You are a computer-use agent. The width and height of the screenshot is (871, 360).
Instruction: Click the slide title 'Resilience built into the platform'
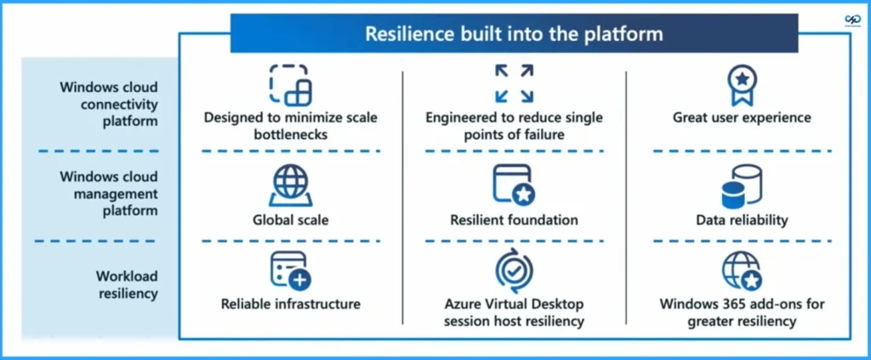[x=514, y=34]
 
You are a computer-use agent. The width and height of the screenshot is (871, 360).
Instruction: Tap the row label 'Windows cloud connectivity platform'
[x=108, y=104]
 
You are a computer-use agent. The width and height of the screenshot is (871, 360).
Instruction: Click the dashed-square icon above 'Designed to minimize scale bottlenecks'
[x=290, y=84]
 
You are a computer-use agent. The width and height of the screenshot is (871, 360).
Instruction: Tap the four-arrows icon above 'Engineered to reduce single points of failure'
[x=514, y=83]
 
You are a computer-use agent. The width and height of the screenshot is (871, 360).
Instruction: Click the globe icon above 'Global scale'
[x=290, y=185]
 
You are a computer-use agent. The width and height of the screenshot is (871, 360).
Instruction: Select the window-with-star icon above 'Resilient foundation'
[x=514, y=185]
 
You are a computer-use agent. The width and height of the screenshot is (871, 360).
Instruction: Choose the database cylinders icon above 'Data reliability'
[x=741, y=186]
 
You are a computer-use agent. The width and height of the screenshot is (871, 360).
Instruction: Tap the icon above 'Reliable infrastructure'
[x=290, y=271]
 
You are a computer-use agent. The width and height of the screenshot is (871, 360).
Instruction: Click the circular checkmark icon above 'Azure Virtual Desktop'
[x=514, y=271]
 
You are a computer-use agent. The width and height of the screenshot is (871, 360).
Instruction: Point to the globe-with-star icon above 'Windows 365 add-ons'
[x=741, y=271]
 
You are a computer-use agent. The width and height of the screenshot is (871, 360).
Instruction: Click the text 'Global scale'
[x=290, y=220]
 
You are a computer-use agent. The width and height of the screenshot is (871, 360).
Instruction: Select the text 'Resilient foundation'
[x=514, y=220]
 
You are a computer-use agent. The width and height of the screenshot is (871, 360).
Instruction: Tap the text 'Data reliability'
[x=741, y=220]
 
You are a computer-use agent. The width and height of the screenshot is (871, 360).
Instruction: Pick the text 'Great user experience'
[x=741, y=117]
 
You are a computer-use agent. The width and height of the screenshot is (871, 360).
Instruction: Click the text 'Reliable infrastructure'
[x=290, y=304]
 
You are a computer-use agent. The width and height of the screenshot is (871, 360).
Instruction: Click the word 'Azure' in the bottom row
[x=464, y=304]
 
